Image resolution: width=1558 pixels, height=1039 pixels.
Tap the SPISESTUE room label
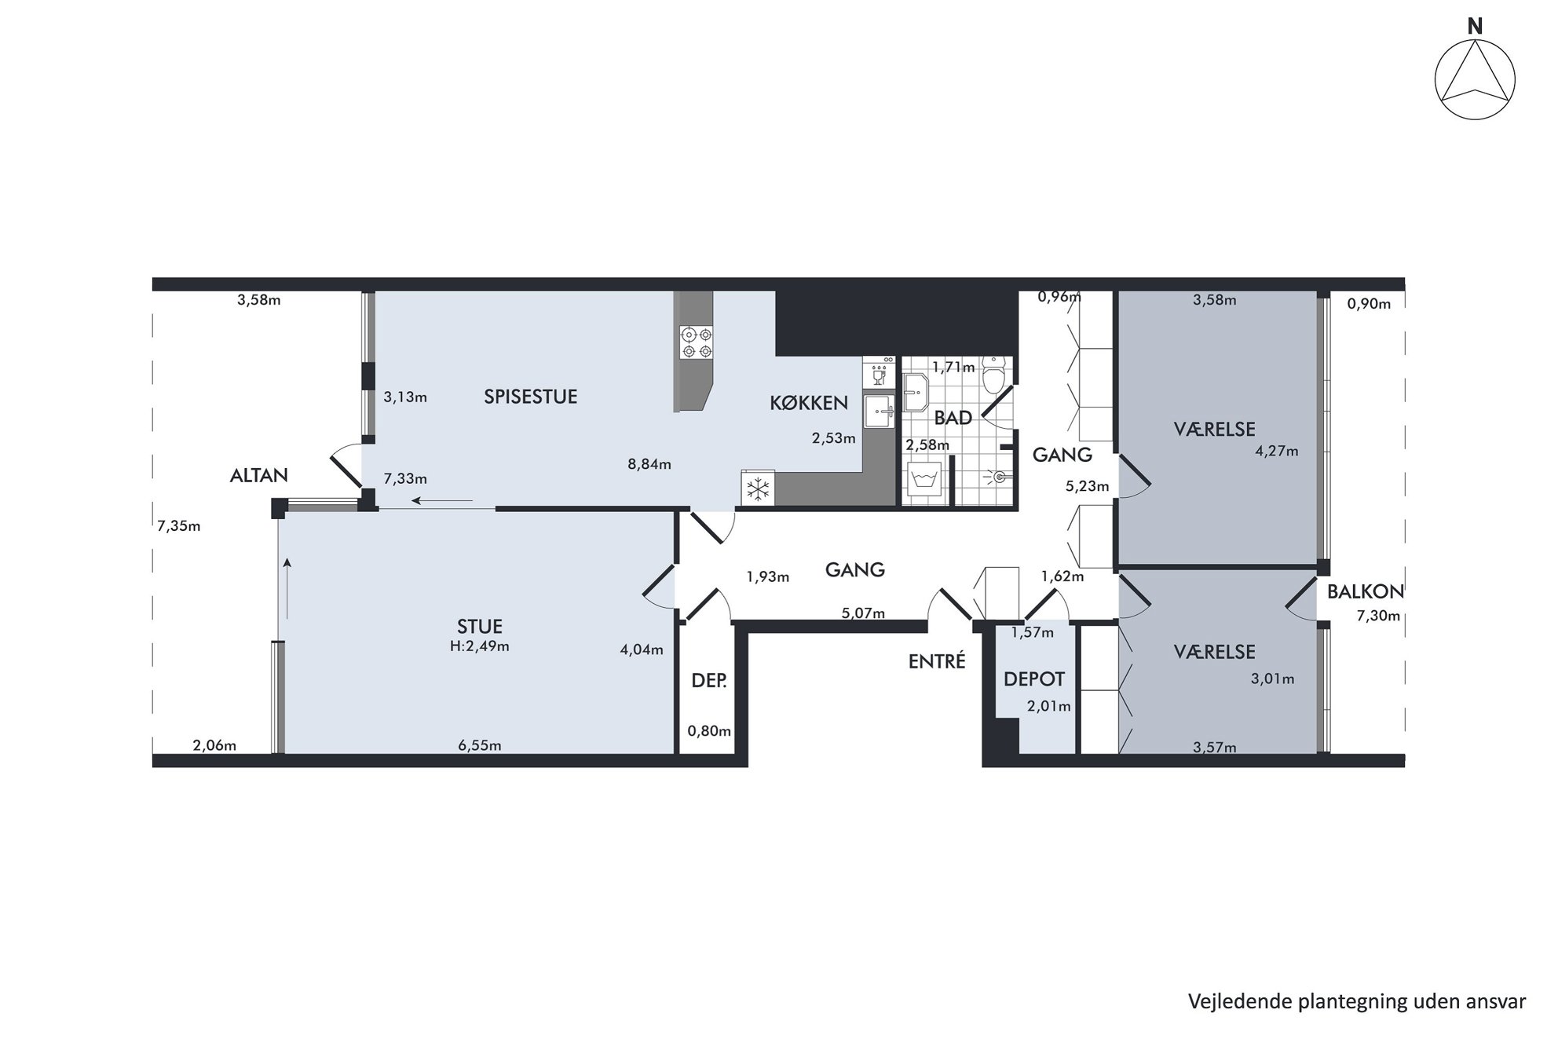pos(530,397)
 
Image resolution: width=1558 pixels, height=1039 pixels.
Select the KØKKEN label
pos(808,403)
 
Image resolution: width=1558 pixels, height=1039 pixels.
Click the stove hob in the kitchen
pos(697,342)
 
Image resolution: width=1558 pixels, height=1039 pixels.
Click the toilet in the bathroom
pos(995,375)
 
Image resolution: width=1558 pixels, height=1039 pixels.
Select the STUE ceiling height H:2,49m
pos(479,646)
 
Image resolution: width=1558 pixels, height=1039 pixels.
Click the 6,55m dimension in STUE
pos(480,745)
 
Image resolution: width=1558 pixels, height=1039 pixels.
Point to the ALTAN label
pos(259,475)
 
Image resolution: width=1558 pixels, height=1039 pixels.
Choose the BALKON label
pos(1365,591)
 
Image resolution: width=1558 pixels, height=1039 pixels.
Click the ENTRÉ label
pos(937,661)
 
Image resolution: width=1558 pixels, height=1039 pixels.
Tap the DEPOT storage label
pos(1034,679)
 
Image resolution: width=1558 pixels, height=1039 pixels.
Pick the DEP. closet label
pos(709,681)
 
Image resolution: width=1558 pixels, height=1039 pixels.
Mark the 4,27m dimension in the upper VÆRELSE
pos(1277,452)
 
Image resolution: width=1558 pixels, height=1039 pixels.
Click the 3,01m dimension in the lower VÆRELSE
pos(1273,679)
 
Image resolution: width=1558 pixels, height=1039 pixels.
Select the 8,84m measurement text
pos(649,464)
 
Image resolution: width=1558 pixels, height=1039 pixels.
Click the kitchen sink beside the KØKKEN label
pos(879,411)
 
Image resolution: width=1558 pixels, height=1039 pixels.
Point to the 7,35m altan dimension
pos(179,526)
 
